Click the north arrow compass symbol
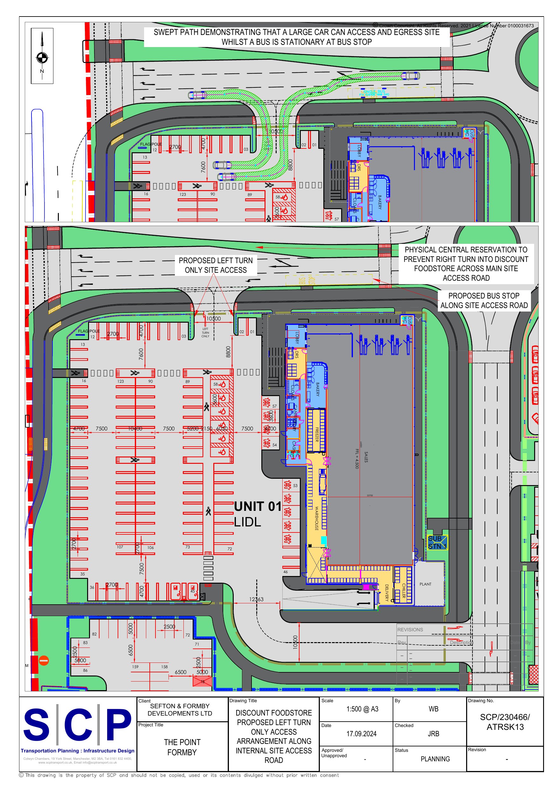pos(42,57)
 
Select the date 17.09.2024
pos(361,734)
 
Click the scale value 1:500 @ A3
pos(362,709)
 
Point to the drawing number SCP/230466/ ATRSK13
pos(505,722)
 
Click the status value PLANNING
pos(435,759)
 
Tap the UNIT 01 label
pos(258,506)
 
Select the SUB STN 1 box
pos(437,542)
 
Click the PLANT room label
pos(425,584)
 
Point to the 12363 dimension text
pos(256,599)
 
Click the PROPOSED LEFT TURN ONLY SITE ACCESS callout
pos(216,265)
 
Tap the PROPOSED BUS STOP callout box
pos(484,300)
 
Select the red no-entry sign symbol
pos(44,660)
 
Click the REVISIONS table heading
pos(410,629)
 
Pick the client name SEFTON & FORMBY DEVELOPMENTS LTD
pos(180,710)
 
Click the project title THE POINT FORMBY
pos(182,747)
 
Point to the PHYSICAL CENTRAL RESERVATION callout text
pos(466,264)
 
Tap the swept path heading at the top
pos(296,37)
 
